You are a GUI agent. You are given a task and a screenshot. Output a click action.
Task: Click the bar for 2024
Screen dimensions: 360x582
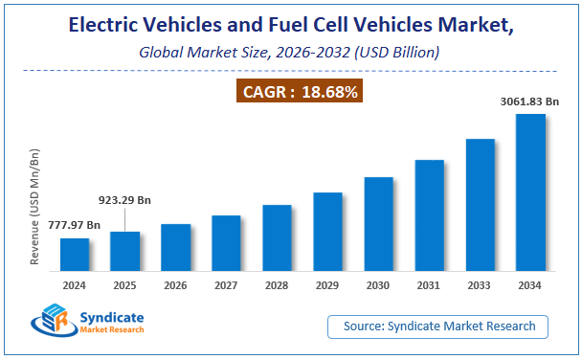coord(75,253)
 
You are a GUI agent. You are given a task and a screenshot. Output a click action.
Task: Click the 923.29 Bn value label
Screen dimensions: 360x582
coord(124,200)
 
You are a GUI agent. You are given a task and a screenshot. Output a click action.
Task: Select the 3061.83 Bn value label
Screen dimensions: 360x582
coord(529,101)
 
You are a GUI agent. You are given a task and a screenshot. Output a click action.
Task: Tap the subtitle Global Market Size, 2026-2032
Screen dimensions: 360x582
coord(290,53)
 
